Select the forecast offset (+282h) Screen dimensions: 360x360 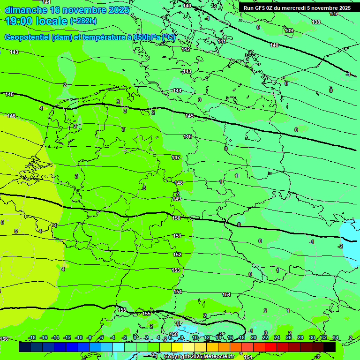tap(83, 21)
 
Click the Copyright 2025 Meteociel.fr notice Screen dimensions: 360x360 tap(199, 357)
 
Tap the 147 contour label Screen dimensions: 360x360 tap(176, 157)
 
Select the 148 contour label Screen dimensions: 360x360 tap(179, 183)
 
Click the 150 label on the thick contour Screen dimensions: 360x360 tap(176, 218)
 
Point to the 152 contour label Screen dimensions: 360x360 tap(177, 255)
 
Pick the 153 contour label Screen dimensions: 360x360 tap(176, 270)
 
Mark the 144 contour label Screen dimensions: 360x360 tap(177, 90)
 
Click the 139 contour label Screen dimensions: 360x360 tap(289, 31)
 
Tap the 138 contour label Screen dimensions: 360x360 tap(316, 22)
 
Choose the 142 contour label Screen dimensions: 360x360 tap(186, 49)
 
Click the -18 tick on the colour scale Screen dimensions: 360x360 tap(32, 337)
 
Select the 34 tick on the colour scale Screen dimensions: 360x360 tap(335, 337)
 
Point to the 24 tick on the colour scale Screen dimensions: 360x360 tap(277, 337)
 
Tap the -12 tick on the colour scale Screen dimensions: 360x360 tap(67, 337)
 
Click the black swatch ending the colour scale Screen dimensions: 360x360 tap(330, 347)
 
